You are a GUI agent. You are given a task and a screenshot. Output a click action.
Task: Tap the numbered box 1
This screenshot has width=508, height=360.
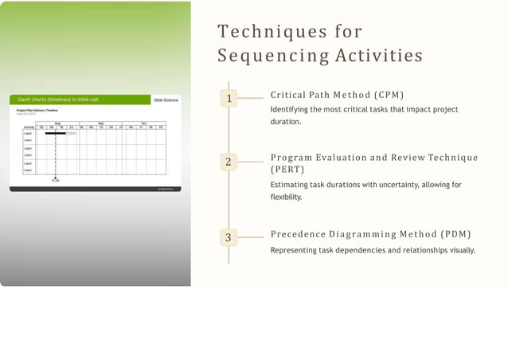[x=229, y=98]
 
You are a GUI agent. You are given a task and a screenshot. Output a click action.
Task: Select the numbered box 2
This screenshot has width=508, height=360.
[x=229, y=162]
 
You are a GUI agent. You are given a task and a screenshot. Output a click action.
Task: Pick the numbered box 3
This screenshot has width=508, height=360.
[x=229, y=237]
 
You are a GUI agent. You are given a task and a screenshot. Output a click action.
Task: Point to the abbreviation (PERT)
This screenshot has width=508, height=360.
[x=283, y=170]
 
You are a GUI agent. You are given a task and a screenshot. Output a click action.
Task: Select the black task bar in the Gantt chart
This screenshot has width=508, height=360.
[x=55, y=133]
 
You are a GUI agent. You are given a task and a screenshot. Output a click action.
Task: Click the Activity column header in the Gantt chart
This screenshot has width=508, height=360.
[x=29, y=127]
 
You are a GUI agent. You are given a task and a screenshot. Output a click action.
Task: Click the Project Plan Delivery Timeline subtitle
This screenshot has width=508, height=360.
[x=37, y=111]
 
